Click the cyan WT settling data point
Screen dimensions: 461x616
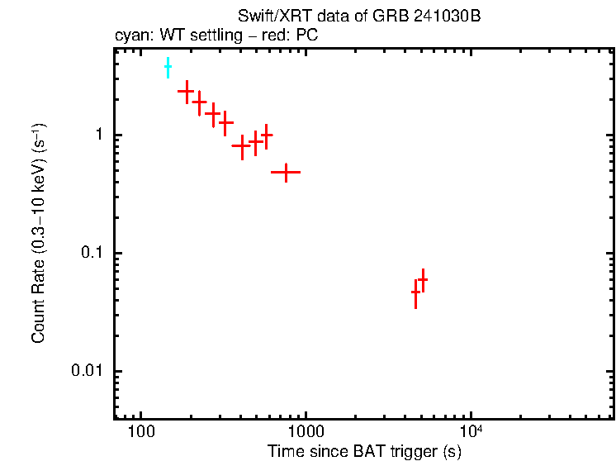[168, 68]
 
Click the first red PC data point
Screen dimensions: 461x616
[186, 91]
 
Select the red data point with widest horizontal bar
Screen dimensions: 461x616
[286, 172]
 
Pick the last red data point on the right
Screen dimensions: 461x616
[423, 280]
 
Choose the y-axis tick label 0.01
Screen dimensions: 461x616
[86, 371]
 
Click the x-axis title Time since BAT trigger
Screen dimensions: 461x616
[363, 452]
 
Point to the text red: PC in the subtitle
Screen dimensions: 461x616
[288, 36]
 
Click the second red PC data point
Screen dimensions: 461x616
[199, 102]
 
